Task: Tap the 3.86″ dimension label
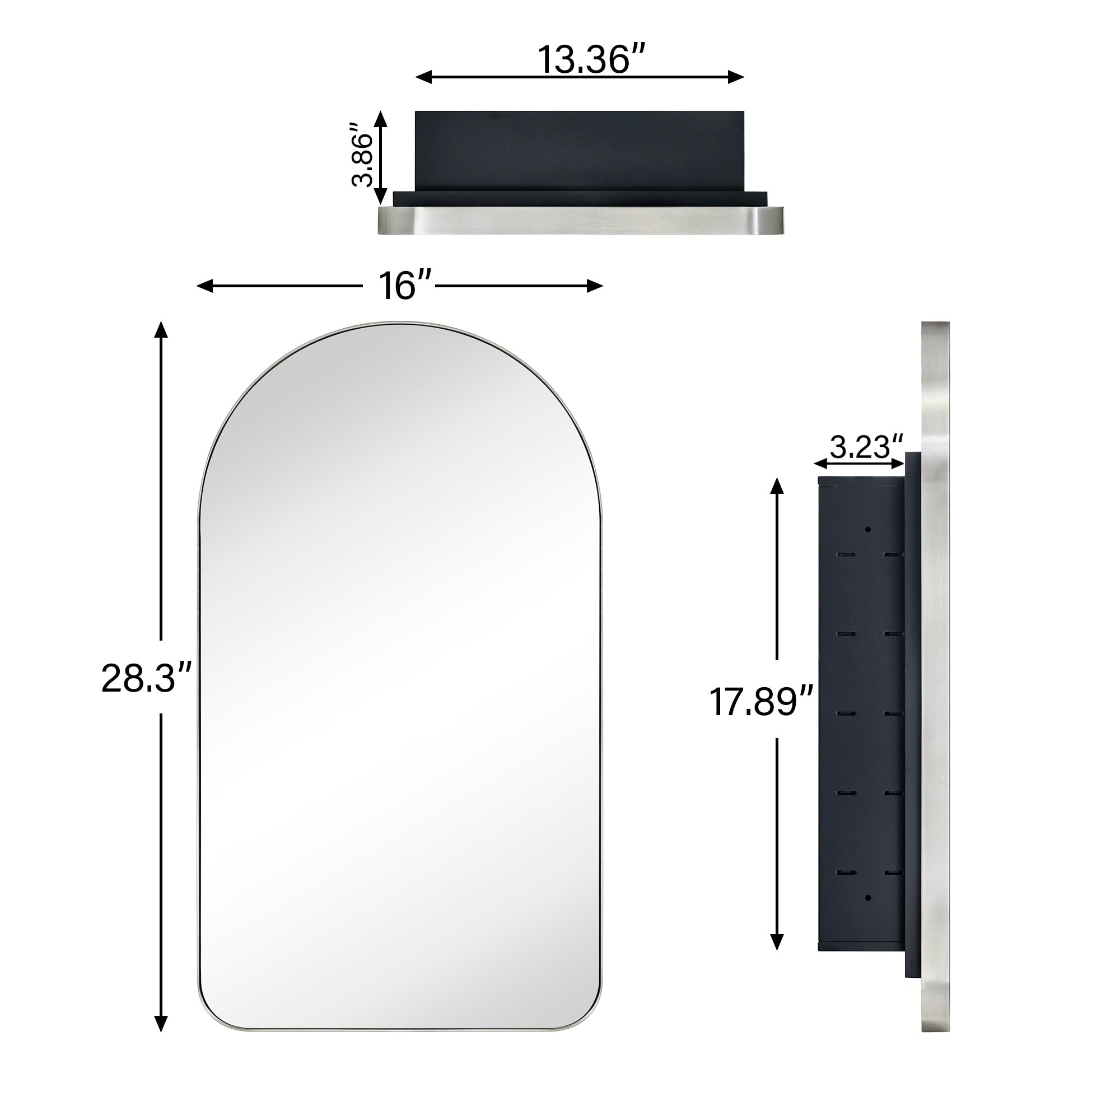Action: point(364,154)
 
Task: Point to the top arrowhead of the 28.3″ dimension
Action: point(161,329)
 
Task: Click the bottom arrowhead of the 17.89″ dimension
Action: point(777,942)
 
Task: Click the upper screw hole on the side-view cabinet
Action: point(868,529)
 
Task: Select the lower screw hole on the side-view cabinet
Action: point(868,898)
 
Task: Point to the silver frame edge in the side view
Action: point(935,684)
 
